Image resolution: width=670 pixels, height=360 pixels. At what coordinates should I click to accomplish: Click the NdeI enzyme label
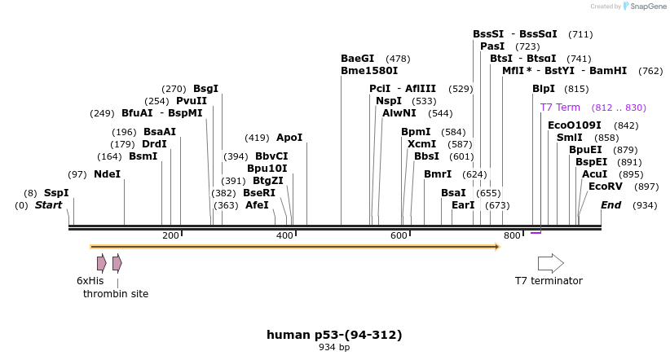(107, 174)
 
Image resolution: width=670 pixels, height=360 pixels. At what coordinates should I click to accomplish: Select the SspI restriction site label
(56, 193)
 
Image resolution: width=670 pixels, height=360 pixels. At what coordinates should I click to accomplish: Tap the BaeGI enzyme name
(357, 59)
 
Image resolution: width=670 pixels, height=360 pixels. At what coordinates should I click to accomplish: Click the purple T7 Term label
(560, 108)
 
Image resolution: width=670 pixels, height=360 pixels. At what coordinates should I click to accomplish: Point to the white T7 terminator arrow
(550, 263)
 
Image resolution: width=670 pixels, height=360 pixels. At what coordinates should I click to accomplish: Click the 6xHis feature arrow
(101, 263)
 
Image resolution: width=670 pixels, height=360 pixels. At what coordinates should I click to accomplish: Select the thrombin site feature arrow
(117, 263)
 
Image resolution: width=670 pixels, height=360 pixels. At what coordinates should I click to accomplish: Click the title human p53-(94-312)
(334, 335)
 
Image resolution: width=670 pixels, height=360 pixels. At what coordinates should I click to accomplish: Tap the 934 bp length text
(334, 348)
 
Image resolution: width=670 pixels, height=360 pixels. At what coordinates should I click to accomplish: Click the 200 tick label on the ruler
(170, 236)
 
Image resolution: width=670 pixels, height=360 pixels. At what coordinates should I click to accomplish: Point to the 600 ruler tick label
(399, 236)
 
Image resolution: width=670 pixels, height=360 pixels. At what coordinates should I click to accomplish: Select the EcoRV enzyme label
(606, 187)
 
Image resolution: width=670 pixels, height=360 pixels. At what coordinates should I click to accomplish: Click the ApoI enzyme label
(289, 138)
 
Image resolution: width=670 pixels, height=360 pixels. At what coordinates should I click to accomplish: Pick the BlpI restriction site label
(544, 89)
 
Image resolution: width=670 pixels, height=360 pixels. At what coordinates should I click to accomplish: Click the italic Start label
(48, 205)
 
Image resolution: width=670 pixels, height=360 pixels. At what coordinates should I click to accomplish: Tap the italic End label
(610, 205)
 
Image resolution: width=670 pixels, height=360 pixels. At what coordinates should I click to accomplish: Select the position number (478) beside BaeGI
(398, 59)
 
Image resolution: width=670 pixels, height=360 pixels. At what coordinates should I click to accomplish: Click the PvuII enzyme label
(192, 101)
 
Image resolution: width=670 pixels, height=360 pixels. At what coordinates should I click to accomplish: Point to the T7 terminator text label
(549, 281)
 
